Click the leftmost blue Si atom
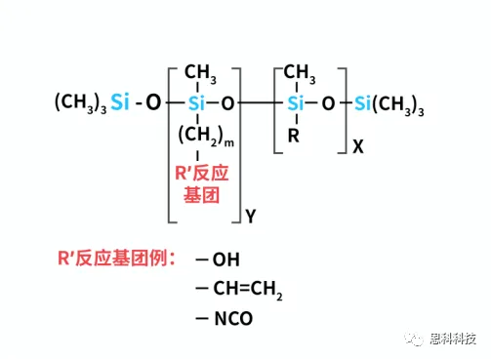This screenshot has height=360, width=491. coord(119,101)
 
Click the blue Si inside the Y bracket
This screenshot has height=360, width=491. coord(198,101)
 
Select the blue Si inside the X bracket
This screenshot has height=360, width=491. coord(297,101)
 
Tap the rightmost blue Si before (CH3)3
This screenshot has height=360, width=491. coord(364,101)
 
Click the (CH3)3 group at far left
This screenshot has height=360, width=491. coord(80,102)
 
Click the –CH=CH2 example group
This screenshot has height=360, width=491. coord(239,290)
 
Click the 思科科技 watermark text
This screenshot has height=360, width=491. coord(453,339)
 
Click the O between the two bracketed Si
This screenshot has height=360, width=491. coord(227,101)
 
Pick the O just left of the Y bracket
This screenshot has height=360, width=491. coord(153,101)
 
